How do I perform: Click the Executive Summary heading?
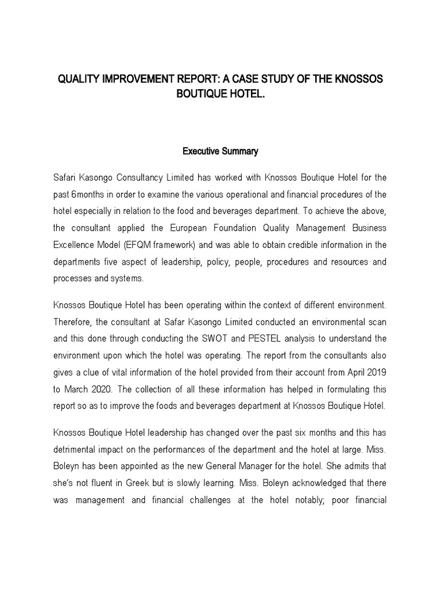[x=220, y=152]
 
